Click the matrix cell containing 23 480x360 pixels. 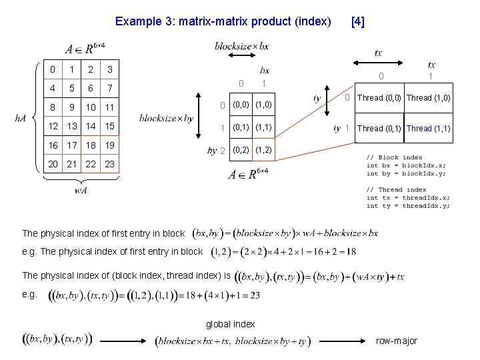[x=110, y=164]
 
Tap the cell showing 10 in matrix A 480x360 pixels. [x=91, y=107]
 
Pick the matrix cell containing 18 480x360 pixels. [x=91, y=145]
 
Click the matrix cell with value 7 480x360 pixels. [x=110, y=89]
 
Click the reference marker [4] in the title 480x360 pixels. [x=357, y=21]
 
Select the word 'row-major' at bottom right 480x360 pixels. [x=397, y=341]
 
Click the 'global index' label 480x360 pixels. [x=231, y=324]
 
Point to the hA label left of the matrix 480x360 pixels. [x=20, y=118]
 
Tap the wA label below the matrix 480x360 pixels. [x=80, y=191]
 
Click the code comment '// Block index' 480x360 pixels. [x=394, y=157]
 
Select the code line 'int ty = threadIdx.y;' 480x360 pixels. [x=408, y=205]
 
